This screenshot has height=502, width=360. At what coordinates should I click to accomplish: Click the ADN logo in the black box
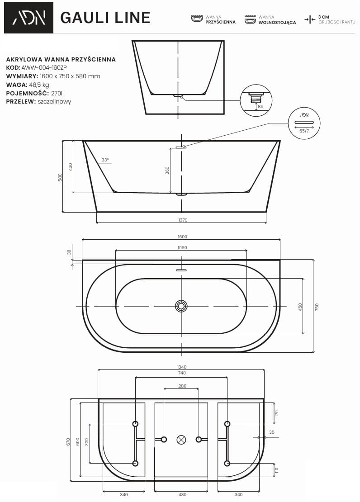tap(29, 18)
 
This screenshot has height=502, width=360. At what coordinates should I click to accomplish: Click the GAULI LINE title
tap(105, 18)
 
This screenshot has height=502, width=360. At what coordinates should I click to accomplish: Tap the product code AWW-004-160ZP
tap(44, 67)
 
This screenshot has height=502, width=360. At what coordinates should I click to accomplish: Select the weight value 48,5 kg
tap(39, 85)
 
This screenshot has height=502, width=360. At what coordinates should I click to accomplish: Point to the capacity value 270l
tap(57, 93)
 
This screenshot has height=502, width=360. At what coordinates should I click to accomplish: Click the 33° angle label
tap(105, 160)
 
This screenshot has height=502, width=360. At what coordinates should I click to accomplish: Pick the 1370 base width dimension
tap(183, 220)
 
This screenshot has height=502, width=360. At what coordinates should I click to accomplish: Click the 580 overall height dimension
tap(60, 178)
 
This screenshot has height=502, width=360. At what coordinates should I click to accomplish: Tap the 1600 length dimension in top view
tap(182, 237)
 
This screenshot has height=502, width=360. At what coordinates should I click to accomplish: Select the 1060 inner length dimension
tap(182, 247)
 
